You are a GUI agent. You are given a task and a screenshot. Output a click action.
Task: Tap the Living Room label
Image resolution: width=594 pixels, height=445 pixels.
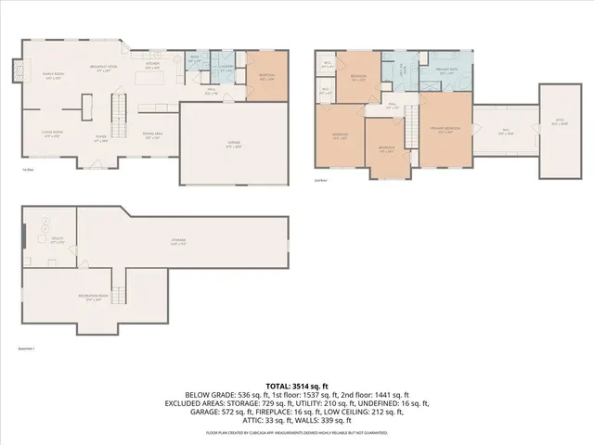pos(51,134)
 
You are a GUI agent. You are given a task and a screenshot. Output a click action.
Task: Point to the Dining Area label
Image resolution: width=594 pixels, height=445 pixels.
pos(153,135)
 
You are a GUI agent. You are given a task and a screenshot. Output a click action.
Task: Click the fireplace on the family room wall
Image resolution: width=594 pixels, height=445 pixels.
pos(14,70)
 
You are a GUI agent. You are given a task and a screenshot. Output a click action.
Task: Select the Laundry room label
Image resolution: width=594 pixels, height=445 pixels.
pos(226,67)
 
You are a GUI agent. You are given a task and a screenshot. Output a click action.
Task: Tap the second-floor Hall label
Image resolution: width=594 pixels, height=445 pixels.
pos(392,105)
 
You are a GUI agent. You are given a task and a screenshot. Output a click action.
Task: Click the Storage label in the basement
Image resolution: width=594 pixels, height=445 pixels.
pos(178,242)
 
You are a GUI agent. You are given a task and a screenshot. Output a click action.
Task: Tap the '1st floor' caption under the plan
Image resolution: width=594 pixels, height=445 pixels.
pos(28,169)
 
